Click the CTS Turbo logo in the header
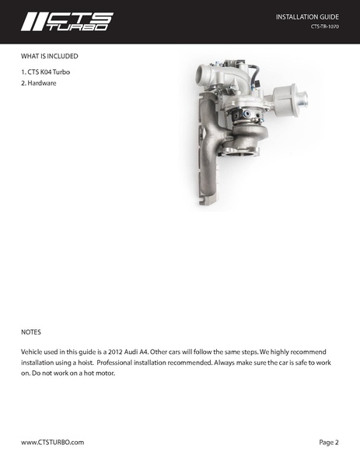point(67,20)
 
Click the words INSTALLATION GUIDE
point(307,16)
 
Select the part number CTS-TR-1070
point(324,27)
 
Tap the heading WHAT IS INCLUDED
point(49,57)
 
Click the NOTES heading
point(31,331)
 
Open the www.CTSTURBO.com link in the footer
point(52,443)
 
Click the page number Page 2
point(329,443)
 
